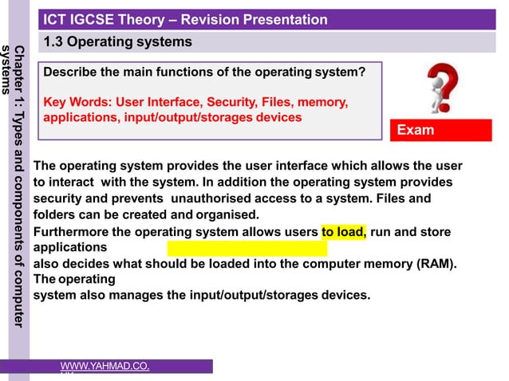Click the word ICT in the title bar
[x=55, y=20]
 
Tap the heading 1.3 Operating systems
[x=117, y=41]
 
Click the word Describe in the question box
[x=69, y=73]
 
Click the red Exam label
[x=416, y=130]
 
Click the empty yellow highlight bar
[x=247, y=248]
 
